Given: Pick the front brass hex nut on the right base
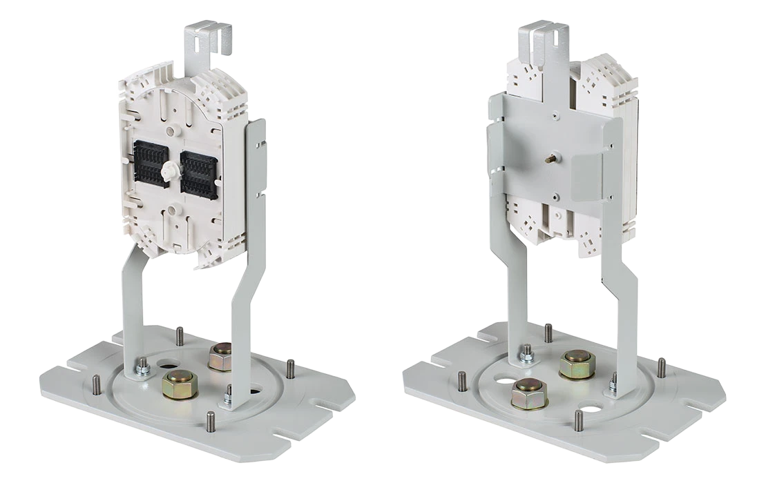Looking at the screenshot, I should click(528, 393).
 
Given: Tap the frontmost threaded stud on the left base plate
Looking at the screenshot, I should click(211, 419).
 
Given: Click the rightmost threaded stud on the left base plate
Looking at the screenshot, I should click(291, 368).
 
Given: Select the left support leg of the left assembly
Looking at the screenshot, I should click(133, 304).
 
